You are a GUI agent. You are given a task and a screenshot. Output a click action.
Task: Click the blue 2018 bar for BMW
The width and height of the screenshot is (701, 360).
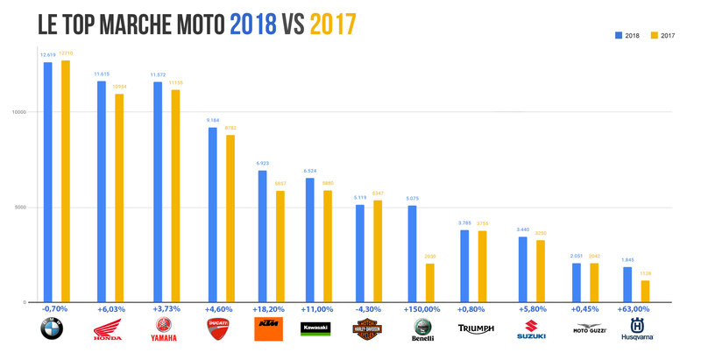47,181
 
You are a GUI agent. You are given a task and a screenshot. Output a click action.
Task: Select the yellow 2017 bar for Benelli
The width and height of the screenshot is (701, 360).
429,282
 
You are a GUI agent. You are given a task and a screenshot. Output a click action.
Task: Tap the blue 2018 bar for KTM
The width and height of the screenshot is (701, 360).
263,236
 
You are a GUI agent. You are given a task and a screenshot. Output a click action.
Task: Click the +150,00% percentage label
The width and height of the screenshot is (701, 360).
421,309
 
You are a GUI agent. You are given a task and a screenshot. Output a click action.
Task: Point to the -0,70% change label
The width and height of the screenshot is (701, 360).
55,309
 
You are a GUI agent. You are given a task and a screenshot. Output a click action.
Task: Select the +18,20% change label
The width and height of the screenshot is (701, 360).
271,309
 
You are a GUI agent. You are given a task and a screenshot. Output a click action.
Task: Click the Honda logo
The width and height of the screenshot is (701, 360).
109,331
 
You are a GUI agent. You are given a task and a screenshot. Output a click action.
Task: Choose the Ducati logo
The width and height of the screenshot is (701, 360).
217,330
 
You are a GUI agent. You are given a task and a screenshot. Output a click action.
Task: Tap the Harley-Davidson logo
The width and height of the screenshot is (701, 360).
368,331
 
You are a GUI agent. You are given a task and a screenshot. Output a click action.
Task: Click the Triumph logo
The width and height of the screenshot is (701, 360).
476,330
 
